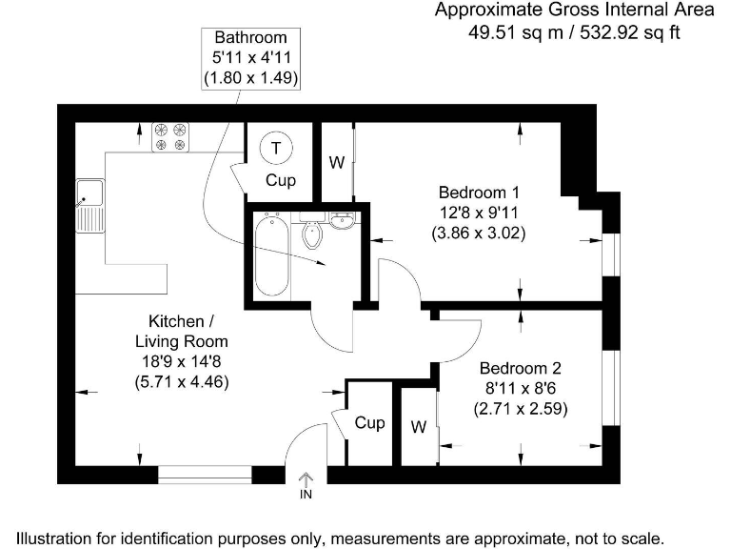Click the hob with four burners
point(172,136)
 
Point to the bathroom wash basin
point(343,223)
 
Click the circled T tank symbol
point(276,148)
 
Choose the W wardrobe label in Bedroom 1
point(336,163)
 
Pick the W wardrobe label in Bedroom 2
point(418,427)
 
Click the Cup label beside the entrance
point(369,422)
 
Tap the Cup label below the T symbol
point(280,180)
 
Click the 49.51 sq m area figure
point(509,31)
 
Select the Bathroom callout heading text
point(250,38)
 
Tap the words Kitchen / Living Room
point(181,331)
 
